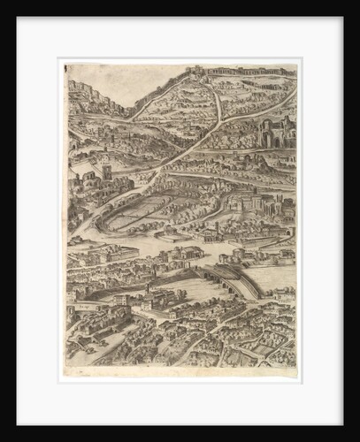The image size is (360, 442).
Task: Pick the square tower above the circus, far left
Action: (106, 171)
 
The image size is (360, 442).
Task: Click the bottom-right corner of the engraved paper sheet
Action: (296, 368)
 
